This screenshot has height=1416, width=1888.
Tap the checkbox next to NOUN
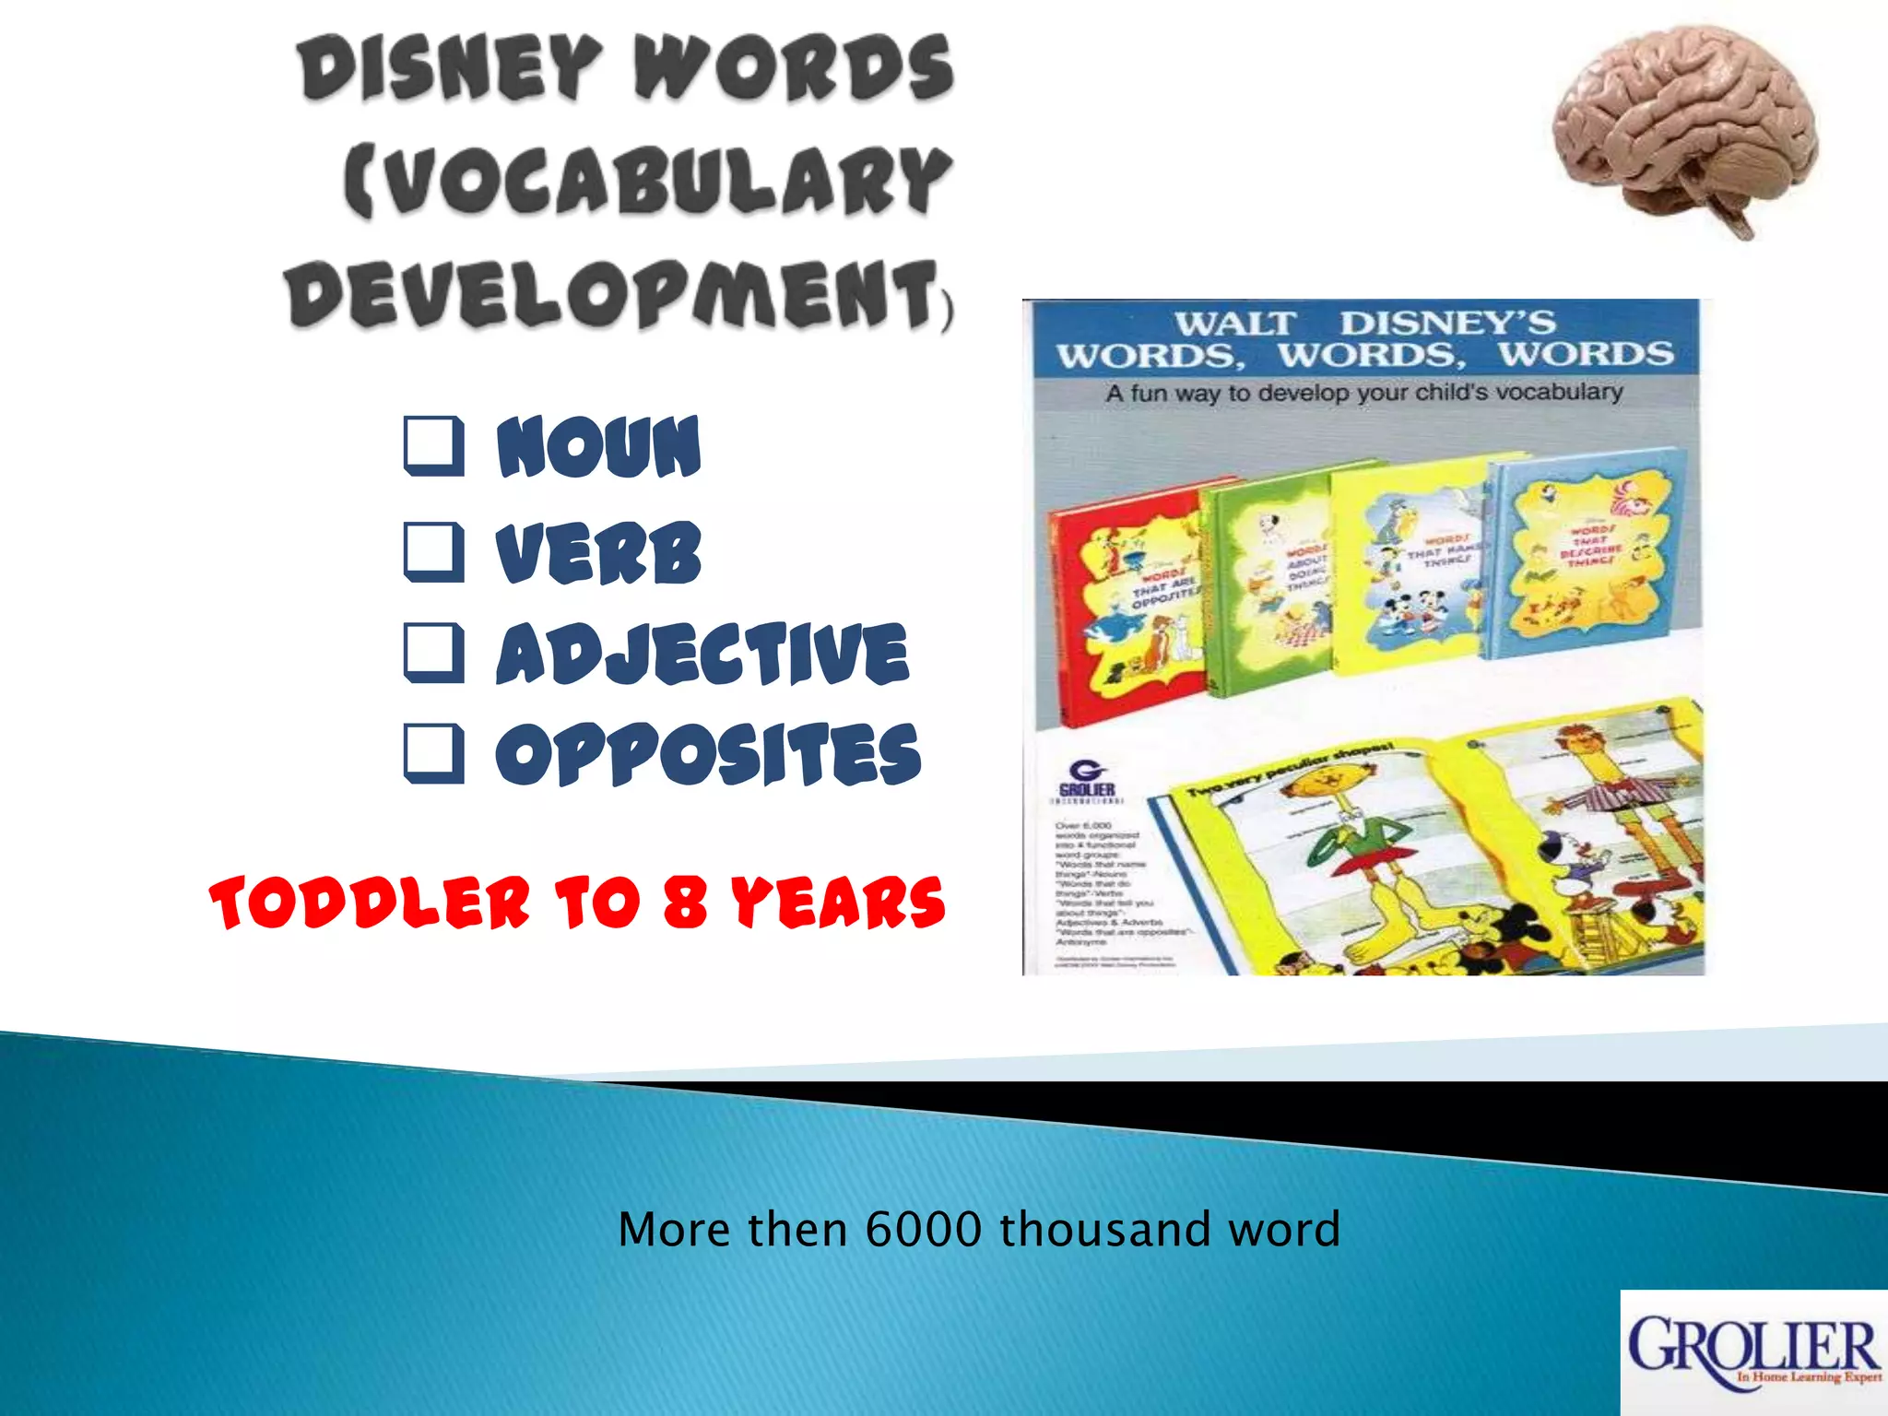click(433, 446)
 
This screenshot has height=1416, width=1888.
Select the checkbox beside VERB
click(433, 551)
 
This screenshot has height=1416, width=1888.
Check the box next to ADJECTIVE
click(433, 653)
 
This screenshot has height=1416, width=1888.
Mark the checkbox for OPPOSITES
click(433, 754)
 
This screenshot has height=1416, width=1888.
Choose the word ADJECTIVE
click(702, 654)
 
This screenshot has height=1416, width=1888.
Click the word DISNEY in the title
click(449, 68)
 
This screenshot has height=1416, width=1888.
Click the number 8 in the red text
click(685, 903)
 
